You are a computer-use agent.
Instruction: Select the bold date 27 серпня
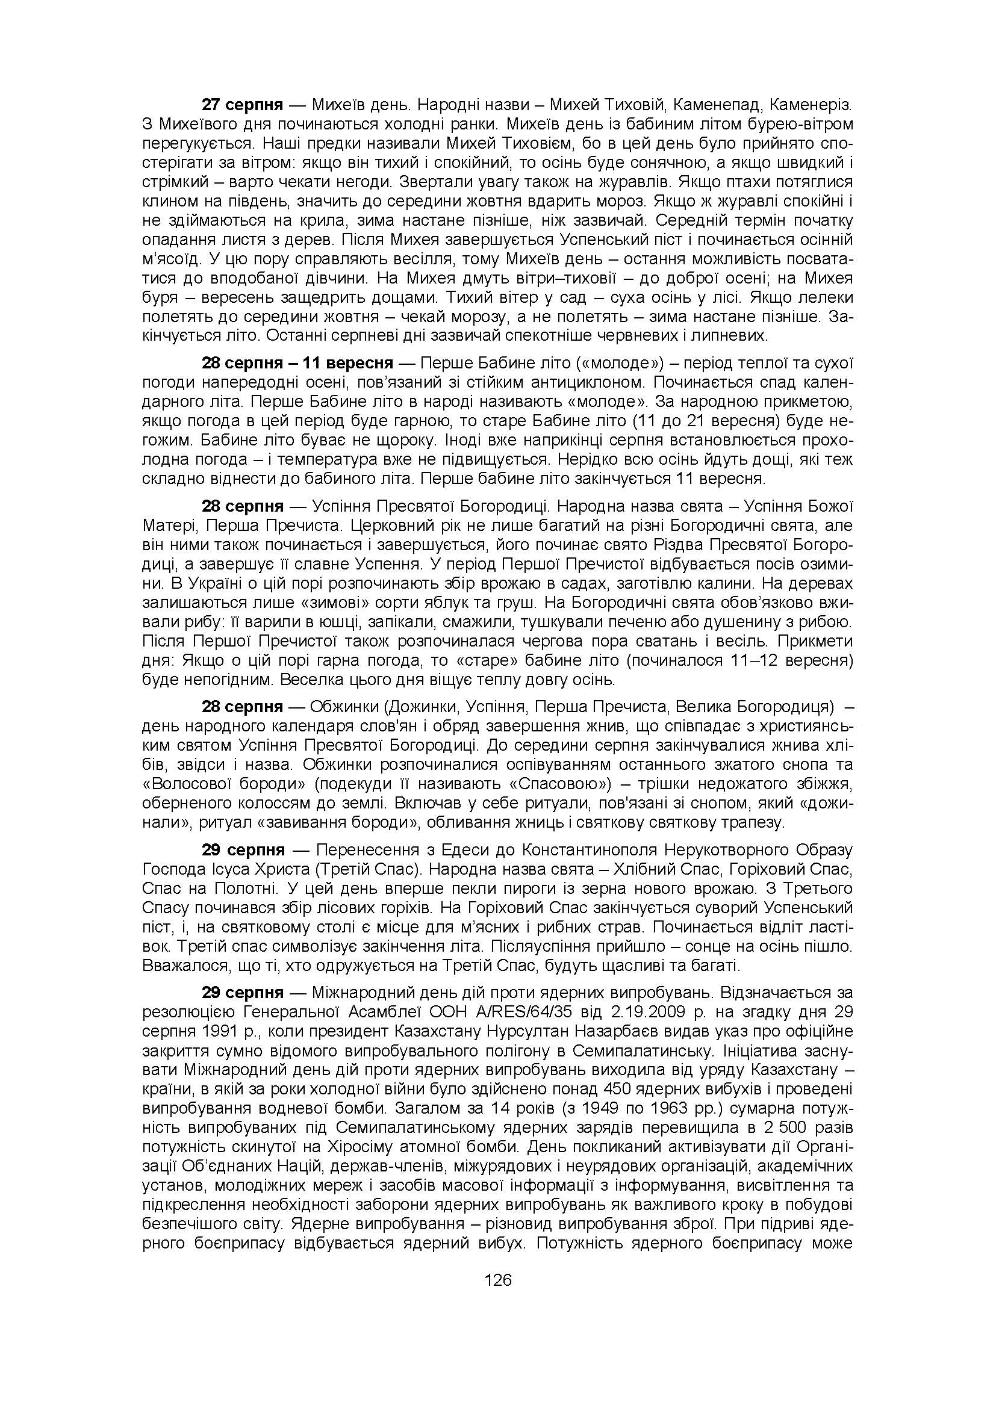[x=242, y=104]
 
